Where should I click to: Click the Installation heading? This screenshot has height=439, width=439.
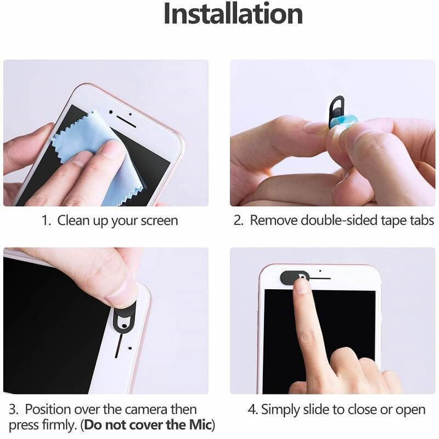point(233,15)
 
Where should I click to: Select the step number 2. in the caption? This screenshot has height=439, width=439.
point(239,221)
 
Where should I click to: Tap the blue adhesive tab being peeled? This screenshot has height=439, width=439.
point(345,122)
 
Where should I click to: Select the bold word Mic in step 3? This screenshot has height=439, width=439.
point(201,425)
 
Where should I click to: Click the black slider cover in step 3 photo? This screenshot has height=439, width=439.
point(124,317)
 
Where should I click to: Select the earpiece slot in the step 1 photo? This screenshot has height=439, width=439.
point(126,121)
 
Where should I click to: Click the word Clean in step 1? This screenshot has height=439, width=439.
point(73,221)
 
